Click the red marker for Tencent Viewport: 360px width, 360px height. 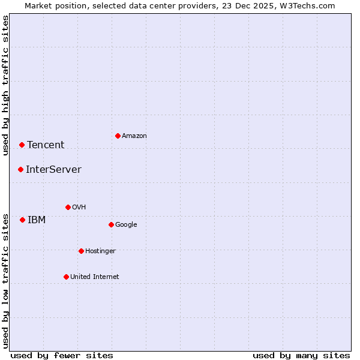[x=22, y=145]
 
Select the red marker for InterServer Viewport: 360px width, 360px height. [x=20, y=169]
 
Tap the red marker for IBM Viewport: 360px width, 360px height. [x=22, y=220]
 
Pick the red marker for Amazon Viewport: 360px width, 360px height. [x=118, y=136]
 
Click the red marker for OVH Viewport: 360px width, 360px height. [x=68, y=207]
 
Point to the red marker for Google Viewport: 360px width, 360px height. [x=111, y=224]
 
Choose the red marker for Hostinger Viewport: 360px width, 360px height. [x=81, y=251]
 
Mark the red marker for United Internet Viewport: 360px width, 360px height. [x=66, y=277]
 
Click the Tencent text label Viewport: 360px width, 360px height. [x=46, y=145]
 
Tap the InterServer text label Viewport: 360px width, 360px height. [x=53, y=169]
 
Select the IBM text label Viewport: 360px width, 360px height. [x=37, y=220]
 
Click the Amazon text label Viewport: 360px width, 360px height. [x=134, y=136]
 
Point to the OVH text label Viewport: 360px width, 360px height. [x=79, y=207]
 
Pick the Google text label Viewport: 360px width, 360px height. [x=126, y=224]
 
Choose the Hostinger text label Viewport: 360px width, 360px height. [x=100, y=251]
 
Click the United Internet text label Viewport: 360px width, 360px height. [x=95, y=277]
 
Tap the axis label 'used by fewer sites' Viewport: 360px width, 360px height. [x=62, y=355]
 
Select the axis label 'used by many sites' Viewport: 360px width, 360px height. [x=301, y=355]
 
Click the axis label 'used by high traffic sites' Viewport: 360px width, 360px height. [x=5, y=85]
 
